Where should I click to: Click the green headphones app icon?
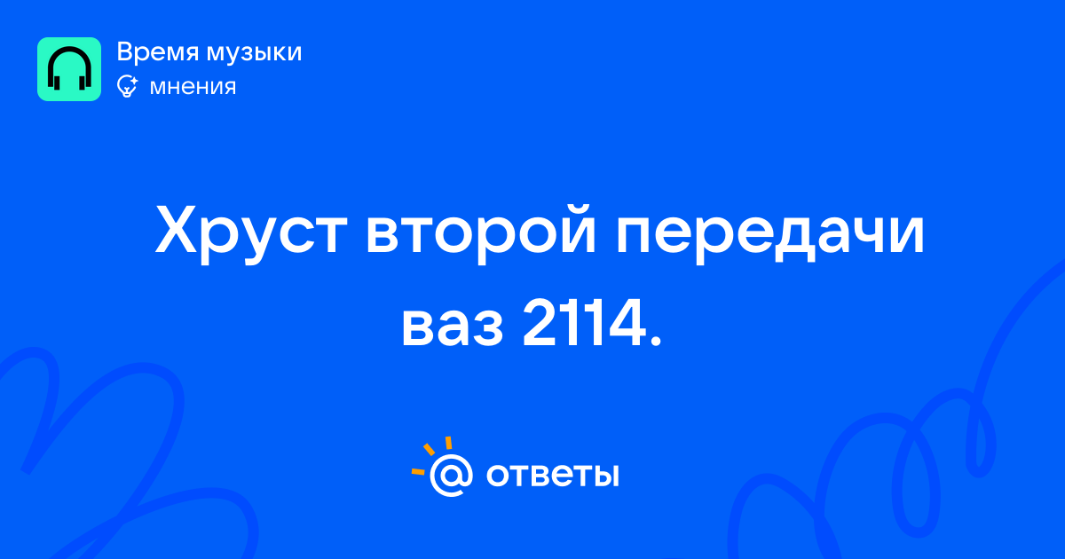69,69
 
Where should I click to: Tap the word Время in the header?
158,52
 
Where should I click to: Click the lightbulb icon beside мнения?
127,86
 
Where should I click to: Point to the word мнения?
193,87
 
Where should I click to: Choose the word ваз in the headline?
452,327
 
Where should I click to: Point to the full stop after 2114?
655,341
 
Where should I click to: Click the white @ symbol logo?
451,476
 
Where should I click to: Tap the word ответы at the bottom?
552,476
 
